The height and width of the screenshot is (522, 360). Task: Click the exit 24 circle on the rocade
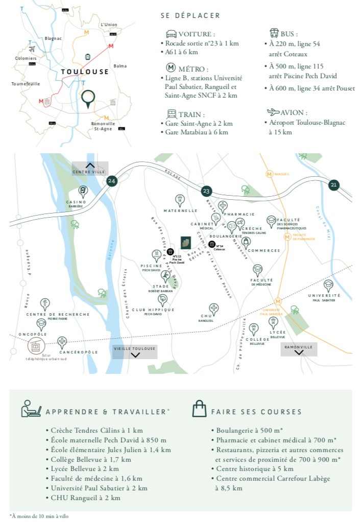point(111,180)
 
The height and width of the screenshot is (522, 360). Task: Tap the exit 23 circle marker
point(206,191)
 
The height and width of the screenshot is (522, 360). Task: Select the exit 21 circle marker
point(334,185)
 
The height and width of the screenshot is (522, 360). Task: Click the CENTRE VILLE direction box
point(90,168)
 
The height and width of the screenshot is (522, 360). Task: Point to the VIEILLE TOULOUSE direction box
point(135,351)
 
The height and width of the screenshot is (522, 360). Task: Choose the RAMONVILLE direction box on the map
point(299,349)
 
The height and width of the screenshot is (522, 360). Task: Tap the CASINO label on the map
point(76,202)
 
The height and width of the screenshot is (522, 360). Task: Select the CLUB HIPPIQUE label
point(153,310)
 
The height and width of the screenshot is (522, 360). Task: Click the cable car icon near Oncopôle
point(36,346)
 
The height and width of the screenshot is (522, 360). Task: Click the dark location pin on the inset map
point(88,99)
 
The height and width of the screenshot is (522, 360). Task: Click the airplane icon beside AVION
point(274,112)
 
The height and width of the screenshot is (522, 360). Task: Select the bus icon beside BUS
point(274,34)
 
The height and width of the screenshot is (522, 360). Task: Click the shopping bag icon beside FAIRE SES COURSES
point(199,408)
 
